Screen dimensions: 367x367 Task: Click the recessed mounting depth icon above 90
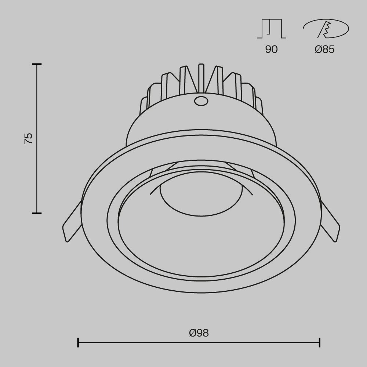[271, 29]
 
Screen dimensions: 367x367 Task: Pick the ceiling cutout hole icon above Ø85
[326, 29]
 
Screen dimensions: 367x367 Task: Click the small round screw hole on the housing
[200, 101]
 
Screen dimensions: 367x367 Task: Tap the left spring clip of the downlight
[72, 224]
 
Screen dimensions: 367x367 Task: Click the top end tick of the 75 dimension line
[36, 64]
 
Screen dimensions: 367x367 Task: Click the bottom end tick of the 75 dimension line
[36, 212]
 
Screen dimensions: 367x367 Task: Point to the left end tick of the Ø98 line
[78, 342]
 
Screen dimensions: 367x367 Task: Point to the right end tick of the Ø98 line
[320, 342]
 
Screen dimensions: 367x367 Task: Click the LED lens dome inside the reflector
[200, 198]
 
